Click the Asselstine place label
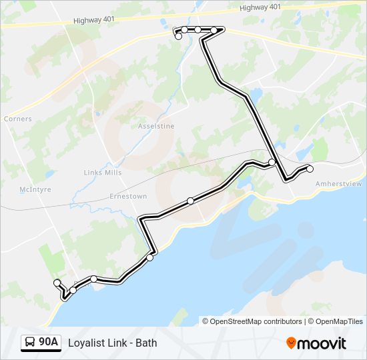coord(155,126)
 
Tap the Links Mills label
coord(103,173)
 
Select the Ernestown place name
coord(128,197)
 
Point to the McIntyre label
coord(35,190)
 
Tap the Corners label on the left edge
coord(17,119)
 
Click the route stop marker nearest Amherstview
coord(310,169)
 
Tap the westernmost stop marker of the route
coord(57,282)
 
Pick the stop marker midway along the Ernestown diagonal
coord(191,201)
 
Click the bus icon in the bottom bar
coord(30,343)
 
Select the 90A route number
coord(48,343)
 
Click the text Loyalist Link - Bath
coord(112,343)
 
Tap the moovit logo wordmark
coord(322,343)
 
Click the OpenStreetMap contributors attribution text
coord(256,321)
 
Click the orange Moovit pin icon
coord(291,343)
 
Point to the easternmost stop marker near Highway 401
coord(214,30)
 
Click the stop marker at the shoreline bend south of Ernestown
coord(150,257)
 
